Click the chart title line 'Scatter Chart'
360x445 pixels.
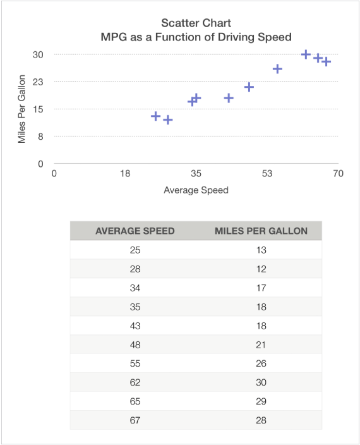point(196,23)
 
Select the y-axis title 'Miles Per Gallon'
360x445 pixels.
point(22,109)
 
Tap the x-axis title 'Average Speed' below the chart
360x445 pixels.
point(196,190)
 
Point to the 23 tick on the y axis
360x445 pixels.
point(38,82)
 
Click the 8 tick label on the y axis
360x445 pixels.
point(40,136)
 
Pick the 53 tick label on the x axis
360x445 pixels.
point(267,174)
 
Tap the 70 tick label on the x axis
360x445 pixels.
point(338,174)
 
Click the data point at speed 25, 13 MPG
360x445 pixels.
point(155,116)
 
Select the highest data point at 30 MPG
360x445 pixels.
point(306,55)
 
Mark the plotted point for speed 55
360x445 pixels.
point(277,69)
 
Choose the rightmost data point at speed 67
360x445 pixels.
point(326,62)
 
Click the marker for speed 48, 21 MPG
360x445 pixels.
point(249,87)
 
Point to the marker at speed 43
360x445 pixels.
point(229,98)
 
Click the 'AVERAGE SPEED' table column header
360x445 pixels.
point(135,231)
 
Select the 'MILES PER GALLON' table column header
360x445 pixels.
point(261,231)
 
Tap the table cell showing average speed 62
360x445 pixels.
point(135,382)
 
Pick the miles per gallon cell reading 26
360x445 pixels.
point(261,363)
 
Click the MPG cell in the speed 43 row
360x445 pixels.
point(261,326)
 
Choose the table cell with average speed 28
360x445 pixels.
point(135,269)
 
